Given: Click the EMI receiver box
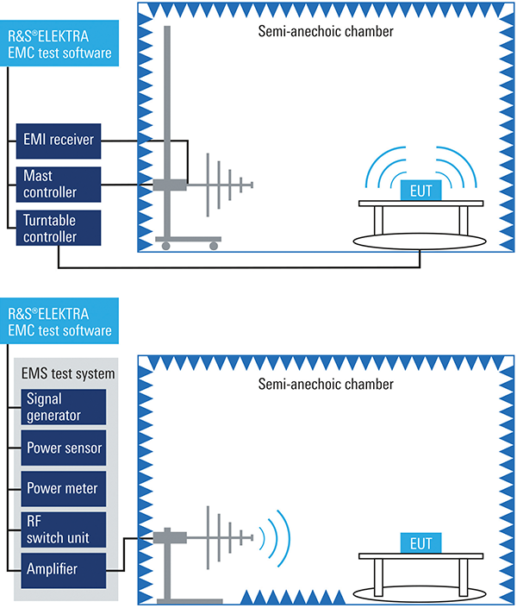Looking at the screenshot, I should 59,137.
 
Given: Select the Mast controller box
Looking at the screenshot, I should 59,182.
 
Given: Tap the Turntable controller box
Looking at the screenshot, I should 59,227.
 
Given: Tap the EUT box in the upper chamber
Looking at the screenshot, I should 420,186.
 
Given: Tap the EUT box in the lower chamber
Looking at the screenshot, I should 420,544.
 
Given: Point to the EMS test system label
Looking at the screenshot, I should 67,373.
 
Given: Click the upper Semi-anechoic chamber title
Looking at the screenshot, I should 326,32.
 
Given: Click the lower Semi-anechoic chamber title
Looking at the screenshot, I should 326,385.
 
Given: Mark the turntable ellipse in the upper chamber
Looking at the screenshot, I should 420,234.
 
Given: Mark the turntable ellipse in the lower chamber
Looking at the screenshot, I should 420,592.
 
